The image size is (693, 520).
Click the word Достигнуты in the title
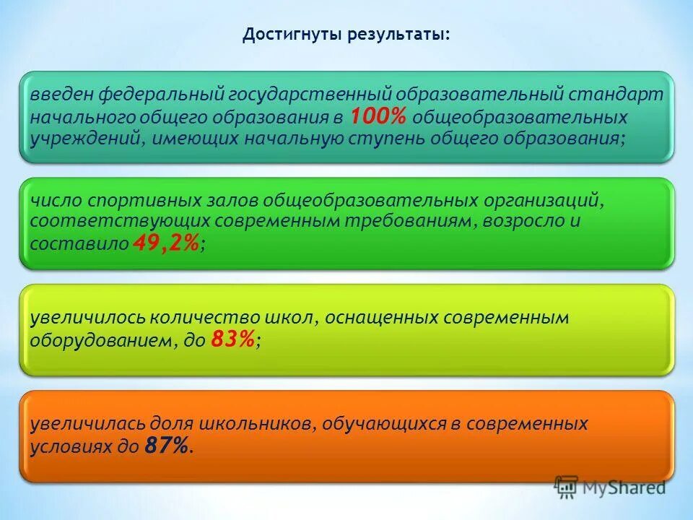286,35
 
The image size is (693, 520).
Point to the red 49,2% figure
165,244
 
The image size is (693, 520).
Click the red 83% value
233,340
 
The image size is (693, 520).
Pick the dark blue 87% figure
168,446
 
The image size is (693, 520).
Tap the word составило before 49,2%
79,244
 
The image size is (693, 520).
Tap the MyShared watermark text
624,487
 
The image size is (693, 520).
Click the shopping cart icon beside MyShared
567,488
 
